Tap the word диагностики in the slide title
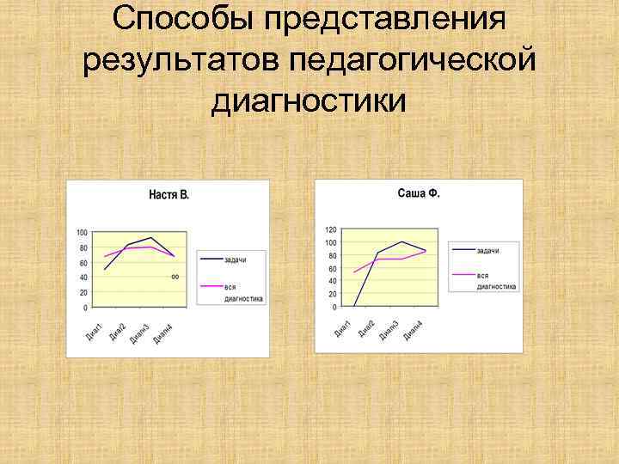pyautogui.click(x=309, y=102)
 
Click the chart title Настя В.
pyautogui.click(x=169, y=195)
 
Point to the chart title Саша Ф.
pyautogui.click(x=419, y=193)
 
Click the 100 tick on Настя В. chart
pyautogui.click(x=82, y=233)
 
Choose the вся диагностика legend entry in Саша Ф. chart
pyautogui.click(x=495, y=280)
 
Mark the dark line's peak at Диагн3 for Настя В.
pyautogui.click(x=151, y=238)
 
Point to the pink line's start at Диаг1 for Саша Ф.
pyautogui.click(x=354, y=272)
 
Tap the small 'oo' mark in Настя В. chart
pyautogui.click(x=175, y=277)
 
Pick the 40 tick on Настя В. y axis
pyautogui.click(x=82, y=278)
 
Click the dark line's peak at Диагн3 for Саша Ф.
pyautogui.click(x=401, y=241)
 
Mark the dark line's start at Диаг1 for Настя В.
pyautogui.click(x=105, y=270)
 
